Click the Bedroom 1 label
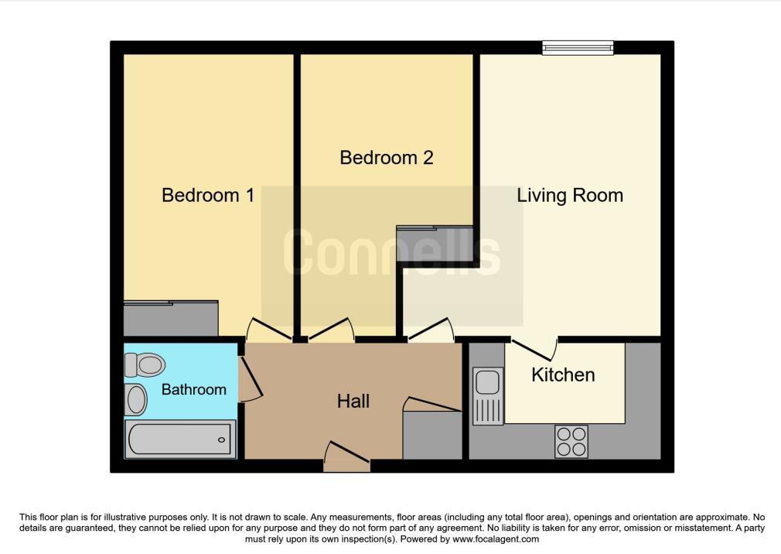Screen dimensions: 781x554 [208, 195]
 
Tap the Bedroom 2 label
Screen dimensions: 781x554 [387, 158]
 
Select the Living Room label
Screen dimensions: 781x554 [570, 195]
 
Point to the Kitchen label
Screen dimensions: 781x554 [563, 374]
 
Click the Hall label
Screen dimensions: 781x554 [353, 401]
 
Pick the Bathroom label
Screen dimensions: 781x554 [194, 389]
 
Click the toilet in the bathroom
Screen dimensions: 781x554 [145, 364]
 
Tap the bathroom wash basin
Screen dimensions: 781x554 [135, 399]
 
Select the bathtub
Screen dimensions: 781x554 [180, 439]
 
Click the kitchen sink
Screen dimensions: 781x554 [488, 395]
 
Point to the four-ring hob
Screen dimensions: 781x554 [571, 441]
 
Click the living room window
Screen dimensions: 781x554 [578, 48]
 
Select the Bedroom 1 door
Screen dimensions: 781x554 [269, 330]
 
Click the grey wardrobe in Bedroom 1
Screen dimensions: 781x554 [171, 318]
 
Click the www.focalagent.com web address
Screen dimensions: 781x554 [496, 539]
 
